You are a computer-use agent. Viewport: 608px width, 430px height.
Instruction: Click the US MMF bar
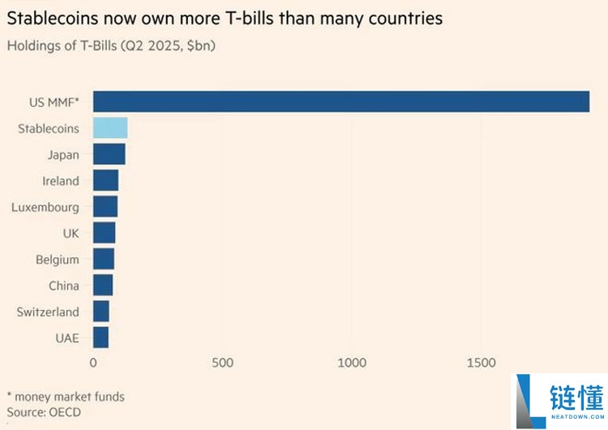(x=340, y=101)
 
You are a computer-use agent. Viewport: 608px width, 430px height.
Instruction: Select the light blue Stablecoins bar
(x=110, y=128)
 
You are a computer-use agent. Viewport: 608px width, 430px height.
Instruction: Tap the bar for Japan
(x=109, y=154)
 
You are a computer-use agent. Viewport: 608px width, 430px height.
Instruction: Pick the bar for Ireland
(x=105, y=180)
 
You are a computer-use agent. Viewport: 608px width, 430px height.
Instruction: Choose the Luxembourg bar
(x=105, y=207)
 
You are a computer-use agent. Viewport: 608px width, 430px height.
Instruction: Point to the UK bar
(x=104, y=233)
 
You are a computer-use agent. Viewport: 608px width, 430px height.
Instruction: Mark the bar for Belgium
(x=103, y=259)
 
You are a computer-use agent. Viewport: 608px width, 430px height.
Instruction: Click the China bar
(x=102, y=286)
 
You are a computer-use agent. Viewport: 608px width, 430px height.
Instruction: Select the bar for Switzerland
(x=101, y=312)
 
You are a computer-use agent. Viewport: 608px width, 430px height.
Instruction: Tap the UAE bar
(x=101, y=338)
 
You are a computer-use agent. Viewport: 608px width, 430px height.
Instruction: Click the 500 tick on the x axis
(x=223, y=363)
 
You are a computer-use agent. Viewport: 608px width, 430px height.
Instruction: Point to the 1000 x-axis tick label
(x=353, y=363)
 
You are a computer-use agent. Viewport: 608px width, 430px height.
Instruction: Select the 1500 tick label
(x=482, y=363)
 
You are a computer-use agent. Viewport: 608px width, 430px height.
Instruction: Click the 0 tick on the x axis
(x=93, y=363)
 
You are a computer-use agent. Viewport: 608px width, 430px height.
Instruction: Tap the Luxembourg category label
(x=45, y=207)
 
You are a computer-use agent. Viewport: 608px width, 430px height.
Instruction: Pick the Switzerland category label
(x=48, y=312)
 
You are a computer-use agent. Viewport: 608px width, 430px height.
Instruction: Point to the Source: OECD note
(x=44, y=412)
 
